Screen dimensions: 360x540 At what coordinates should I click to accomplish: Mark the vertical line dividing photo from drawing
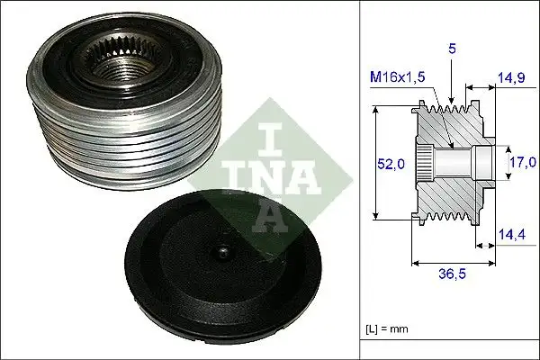(360, 180)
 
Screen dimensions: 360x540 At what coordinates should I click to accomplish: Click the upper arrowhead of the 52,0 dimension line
(377, 109)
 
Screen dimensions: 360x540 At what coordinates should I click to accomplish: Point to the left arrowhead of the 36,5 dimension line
(415, 265)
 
